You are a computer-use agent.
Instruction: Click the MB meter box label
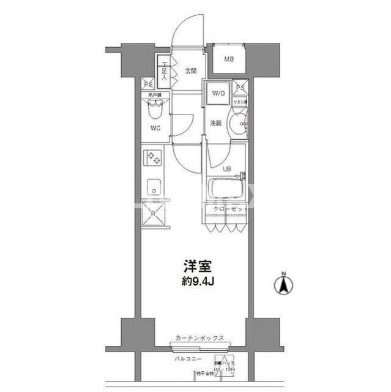click(228, 59)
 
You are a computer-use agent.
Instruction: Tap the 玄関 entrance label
click(190, 71)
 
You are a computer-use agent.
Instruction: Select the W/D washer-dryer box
click(218, 93)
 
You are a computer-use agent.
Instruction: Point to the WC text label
click(156, 128)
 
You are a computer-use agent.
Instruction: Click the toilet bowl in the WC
click(154, 111)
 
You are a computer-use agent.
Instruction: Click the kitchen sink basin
click(153, 189)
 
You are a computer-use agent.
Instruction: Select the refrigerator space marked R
click(153, 214)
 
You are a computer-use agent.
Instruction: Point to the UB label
click(226, 169)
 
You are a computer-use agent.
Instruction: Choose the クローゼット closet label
click(230, 209)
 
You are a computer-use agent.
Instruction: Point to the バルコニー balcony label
click(185, 356)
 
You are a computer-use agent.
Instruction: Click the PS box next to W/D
click(240, 87)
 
